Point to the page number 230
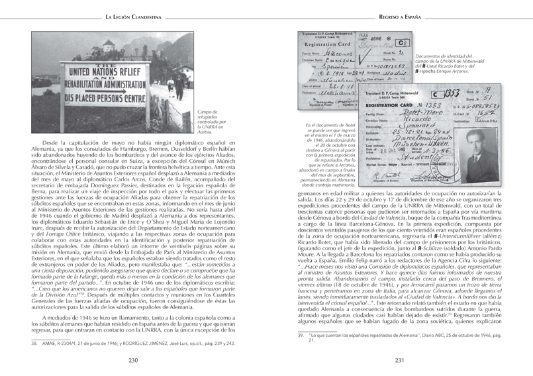pos(133,360)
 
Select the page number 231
pos(399,360)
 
